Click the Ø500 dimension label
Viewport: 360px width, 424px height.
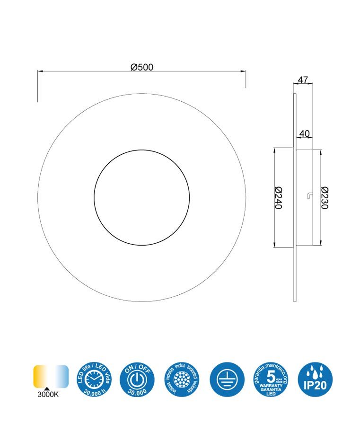coord(142,67)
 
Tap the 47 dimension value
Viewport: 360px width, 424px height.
coord(303,80)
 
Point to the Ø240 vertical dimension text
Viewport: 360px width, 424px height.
coord(278,197)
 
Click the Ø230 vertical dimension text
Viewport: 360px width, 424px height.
coord(325,197)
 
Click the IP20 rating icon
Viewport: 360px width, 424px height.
coord(316,380)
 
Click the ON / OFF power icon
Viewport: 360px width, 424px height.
coord(137,380)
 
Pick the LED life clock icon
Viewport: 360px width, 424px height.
coord(93,380)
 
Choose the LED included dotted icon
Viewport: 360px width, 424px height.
coord(182,380)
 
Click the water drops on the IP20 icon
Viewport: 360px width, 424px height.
coord(316,371)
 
